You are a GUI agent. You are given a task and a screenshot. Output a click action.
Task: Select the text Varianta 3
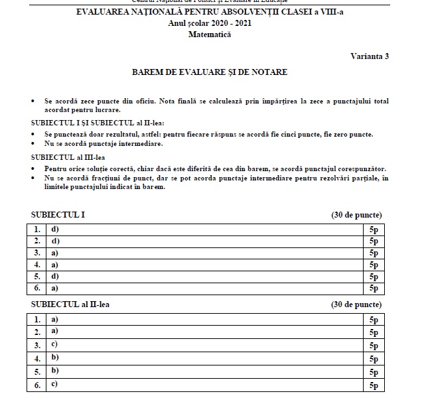click(369, 56)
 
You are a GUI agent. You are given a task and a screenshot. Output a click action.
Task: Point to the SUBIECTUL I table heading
click(58, 215)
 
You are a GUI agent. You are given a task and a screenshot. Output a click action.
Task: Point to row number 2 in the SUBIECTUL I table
click(38, 241)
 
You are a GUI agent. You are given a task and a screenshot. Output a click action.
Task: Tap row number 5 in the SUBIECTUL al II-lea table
click(38, 371)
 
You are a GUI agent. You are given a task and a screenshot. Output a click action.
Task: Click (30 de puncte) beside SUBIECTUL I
click(356, 215)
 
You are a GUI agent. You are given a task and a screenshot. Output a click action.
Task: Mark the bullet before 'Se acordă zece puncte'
click(34, 101)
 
